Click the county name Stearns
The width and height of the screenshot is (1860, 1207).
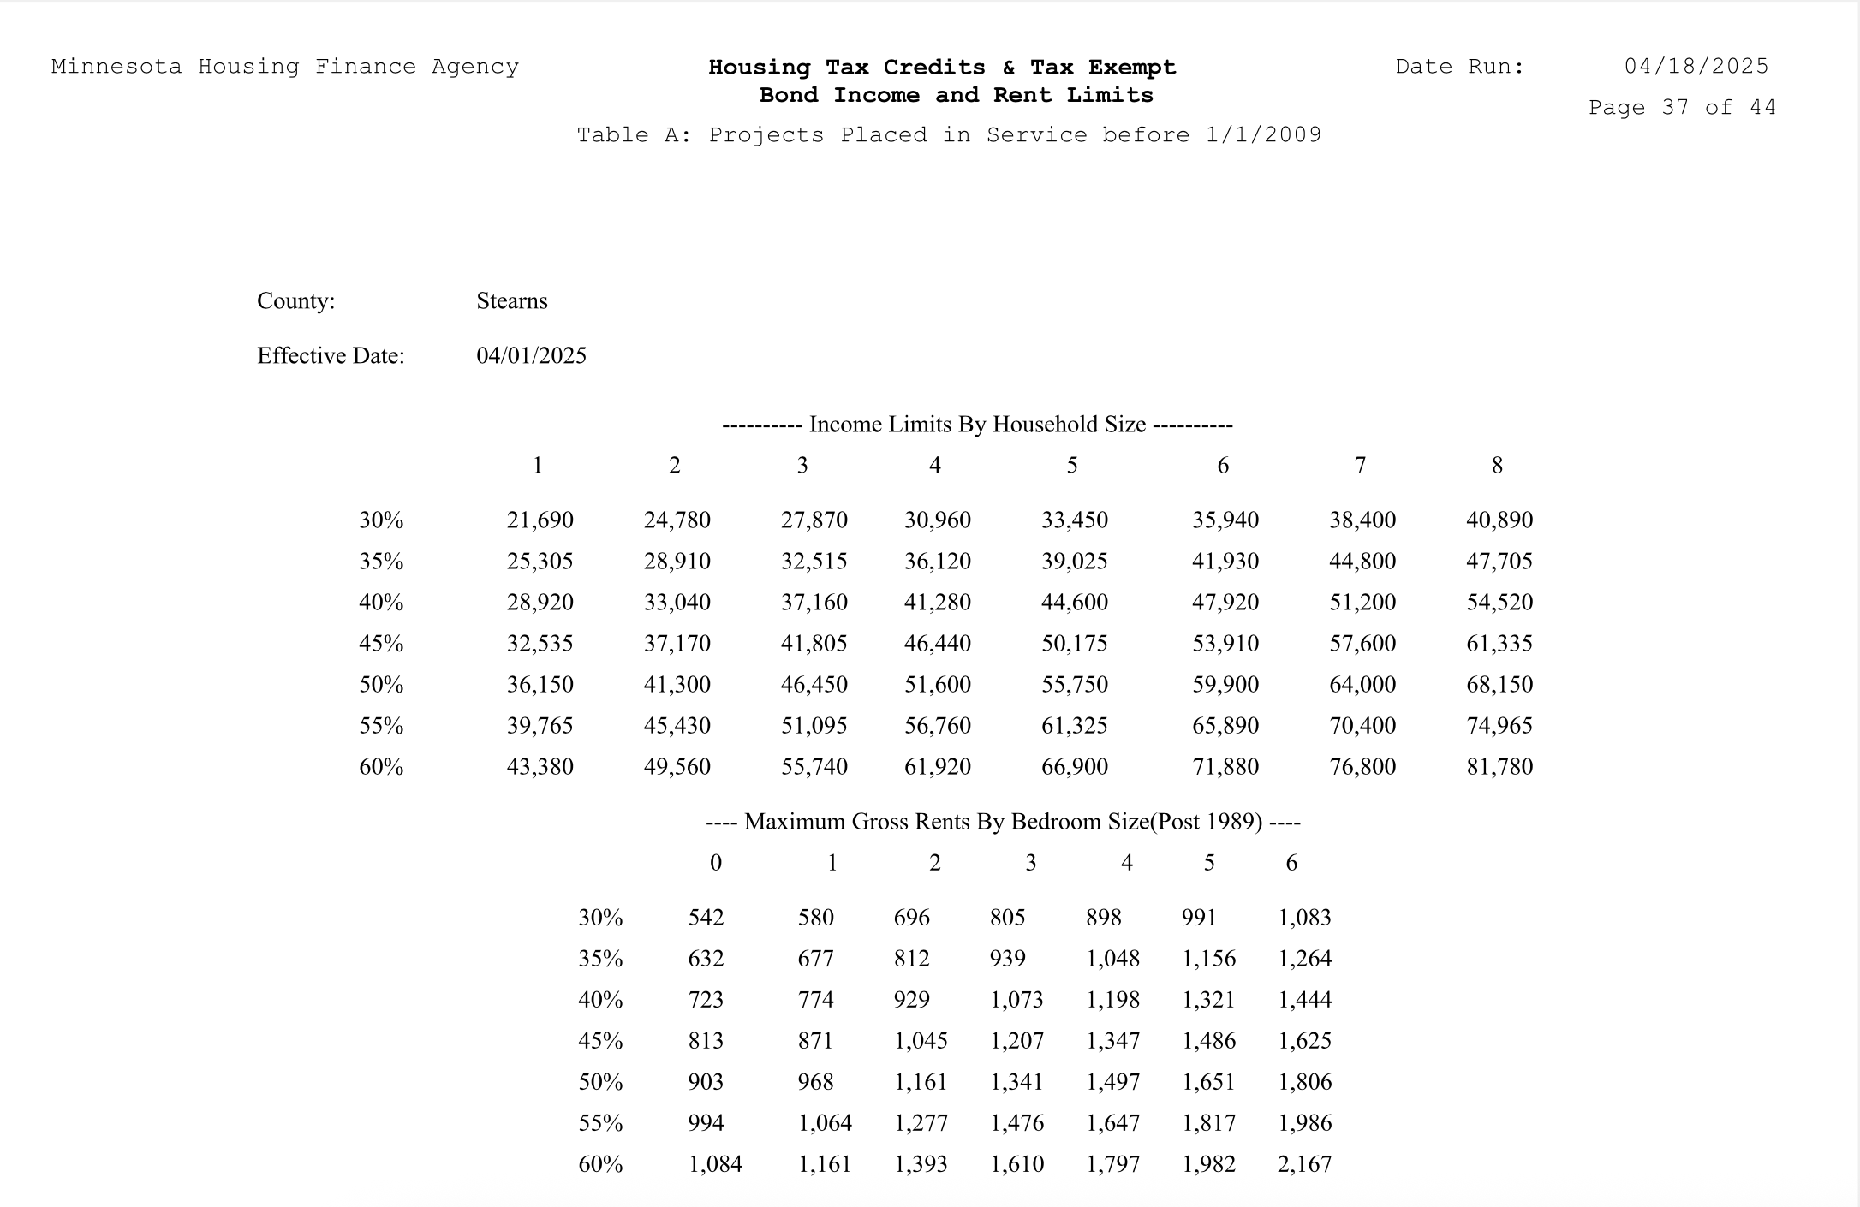(511, 301)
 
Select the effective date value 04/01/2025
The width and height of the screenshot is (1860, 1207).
(531, 356)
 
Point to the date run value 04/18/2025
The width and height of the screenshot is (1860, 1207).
(1696, 67)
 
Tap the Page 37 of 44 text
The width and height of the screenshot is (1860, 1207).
(1682, 108)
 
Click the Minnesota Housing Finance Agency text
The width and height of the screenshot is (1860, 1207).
(284, 67)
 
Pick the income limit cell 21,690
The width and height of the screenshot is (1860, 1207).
(540, 520)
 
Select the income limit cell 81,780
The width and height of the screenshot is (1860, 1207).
(1499, 767)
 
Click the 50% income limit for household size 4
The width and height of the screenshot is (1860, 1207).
(937, 685)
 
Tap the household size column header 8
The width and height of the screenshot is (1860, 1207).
(1497, 466)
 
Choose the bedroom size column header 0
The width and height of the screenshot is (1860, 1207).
(716, 863)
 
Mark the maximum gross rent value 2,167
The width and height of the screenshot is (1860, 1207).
(1304, 1164)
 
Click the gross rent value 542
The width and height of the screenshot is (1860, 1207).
(706, 918)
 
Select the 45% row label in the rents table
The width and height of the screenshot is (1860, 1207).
(600, 1041)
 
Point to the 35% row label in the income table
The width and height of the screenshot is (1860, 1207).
(381, 562)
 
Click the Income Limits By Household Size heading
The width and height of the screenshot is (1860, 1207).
(977, 425)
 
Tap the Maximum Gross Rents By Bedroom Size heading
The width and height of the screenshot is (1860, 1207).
(1003, 822)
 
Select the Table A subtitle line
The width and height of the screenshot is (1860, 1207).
(949, 135)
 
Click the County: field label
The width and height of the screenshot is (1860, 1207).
(295, 301)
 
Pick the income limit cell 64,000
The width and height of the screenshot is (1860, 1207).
(1362, 685)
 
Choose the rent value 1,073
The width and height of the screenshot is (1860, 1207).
(1016, 1000)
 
